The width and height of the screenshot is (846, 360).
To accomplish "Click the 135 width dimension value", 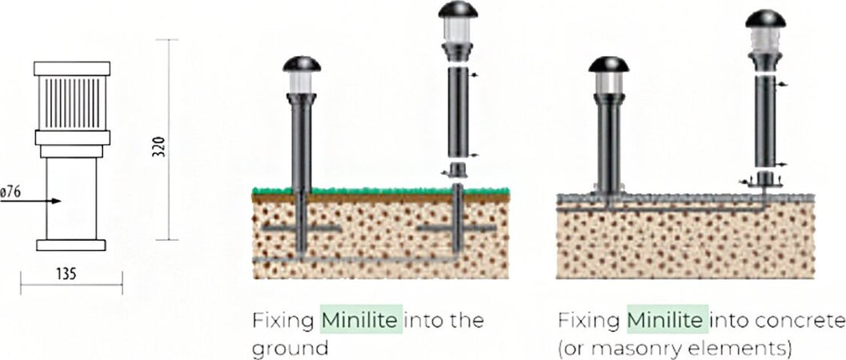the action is click(66, 274).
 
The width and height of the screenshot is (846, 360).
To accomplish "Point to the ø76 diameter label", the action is click(10, 192).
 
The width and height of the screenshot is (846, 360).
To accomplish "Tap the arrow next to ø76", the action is click(30, 201).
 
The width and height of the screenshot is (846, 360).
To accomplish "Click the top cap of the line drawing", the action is click(72, 69).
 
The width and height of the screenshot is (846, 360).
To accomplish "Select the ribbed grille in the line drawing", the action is click(72, 103).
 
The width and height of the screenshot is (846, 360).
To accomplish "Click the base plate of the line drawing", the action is click(71, 246).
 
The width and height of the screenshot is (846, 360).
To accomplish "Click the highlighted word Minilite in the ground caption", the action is click(362, 320).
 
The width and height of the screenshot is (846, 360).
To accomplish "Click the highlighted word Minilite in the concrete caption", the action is click(667, 320).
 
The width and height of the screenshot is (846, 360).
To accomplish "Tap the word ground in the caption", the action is click(290, 348).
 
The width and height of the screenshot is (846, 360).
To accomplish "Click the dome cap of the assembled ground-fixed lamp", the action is click(302, 64).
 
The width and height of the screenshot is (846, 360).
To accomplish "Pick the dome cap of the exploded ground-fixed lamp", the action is click(458, 9).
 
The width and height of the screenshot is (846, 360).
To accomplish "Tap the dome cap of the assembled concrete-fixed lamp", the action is click(608, 64).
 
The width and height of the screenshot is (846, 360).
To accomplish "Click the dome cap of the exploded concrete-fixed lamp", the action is click(766, 19).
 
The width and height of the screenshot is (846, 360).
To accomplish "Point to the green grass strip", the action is click(381, 190).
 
